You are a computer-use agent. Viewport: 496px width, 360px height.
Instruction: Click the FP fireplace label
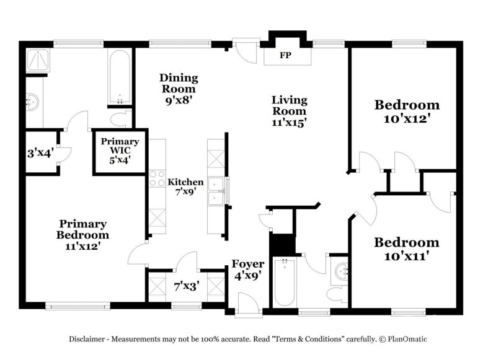[285, 56]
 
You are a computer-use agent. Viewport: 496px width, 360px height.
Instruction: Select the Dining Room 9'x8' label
[179, 87]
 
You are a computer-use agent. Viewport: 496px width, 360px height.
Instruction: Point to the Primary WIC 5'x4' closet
[120, 151]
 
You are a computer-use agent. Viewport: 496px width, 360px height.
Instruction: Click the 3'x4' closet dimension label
[40, 152]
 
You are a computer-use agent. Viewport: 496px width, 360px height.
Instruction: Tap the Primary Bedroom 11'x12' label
[82, 234]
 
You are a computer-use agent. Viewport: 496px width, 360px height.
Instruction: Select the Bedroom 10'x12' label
[407, 111]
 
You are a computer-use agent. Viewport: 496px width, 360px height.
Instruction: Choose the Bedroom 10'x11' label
[407, 248]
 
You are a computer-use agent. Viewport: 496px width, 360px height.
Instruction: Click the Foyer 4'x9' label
[248, 270]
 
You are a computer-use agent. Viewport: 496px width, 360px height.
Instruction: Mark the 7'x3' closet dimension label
[186, 286]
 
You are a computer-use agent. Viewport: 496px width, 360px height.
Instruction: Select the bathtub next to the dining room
[119, 77]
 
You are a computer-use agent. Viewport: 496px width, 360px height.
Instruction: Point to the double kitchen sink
[217, 191]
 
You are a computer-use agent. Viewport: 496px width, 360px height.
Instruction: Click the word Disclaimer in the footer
[90, 339]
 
